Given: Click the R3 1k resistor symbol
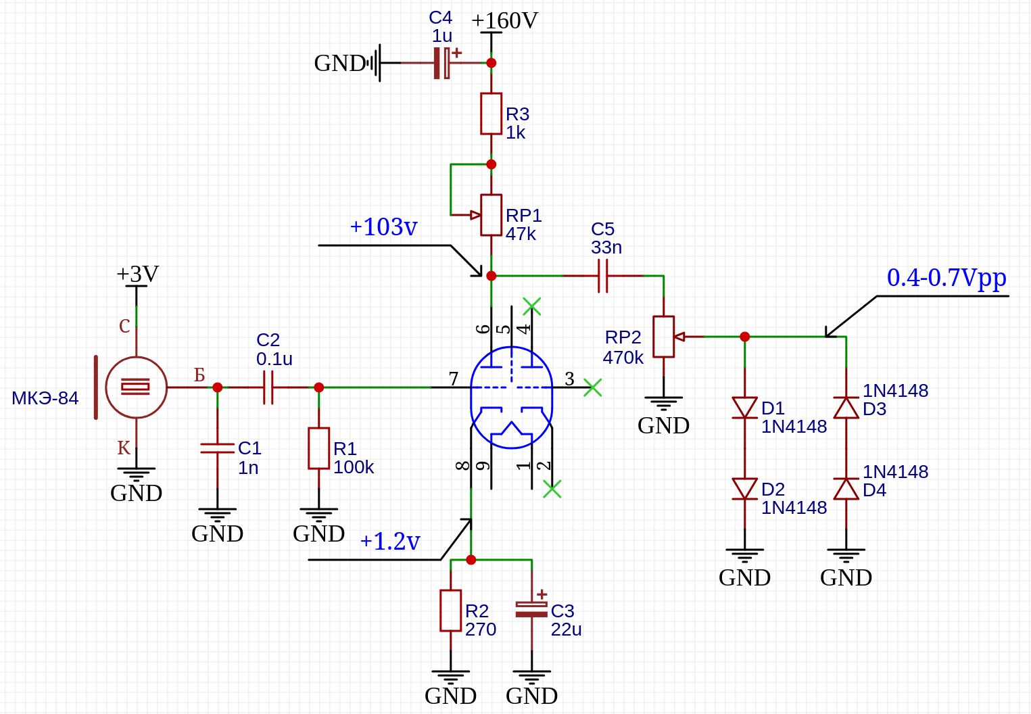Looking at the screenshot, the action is (491, 114).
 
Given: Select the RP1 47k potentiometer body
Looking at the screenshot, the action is (491, 215).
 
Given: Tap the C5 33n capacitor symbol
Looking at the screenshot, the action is (603, 276).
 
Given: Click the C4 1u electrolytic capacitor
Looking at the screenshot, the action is (442, 63).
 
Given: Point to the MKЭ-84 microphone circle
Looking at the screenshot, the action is (137, 387).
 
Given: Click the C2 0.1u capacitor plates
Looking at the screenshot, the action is (268, 387).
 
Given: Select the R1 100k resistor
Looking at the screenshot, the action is (318, 448).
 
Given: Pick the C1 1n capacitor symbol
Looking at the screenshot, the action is (217, 448).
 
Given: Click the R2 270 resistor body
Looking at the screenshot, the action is (451, 611).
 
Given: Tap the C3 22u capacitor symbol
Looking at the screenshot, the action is (531, 609).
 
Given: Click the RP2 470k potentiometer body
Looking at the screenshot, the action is (663, 337).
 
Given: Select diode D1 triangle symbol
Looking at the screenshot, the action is (745, 408).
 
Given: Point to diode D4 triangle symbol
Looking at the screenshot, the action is (846, 489).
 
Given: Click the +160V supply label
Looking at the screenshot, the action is (504, 21).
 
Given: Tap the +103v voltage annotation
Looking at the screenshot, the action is (383, 227).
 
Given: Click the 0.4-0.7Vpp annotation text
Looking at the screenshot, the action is (946, 279).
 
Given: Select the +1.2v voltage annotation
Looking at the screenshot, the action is (390, 541).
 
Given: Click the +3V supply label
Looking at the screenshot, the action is (137, 274).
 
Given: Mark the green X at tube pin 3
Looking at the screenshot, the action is (593, 387).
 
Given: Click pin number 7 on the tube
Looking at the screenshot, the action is (454, 379).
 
